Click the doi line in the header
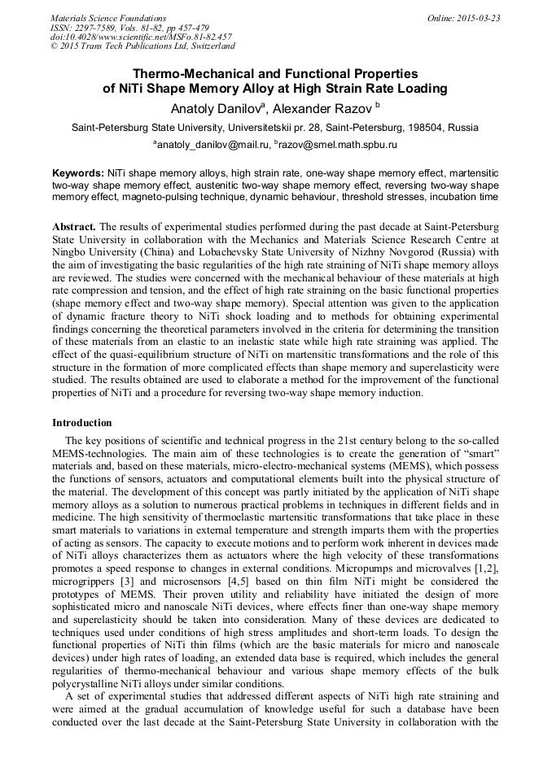point(141,37)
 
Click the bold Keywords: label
point(78,173)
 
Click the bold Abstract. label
point(74,224)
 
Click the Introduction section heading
point(82,423)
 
